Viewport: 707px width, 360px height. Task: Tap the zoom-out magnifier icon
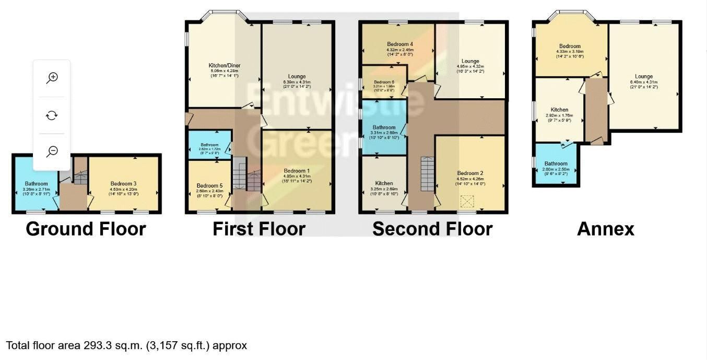tap(52, 152)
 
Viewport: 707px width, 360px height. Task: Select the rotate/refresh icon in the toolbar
tap(52, 115)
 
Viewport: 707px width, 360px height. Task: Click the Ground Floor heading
tap(86, 229)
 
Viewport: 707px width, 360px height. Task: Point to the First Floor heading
tap(258, 229)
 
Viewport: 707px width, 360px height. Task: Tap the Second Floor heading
tap(432, 229)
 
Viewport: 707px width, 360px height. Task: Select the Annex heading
tap(605, 229)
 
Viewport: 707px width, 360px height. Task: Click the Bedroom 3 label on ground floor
tap(123, 183)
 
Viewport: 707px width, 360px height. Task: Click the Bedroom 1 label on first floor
tap(297, 171)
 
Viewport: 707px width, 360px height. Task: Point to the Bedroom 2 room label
tap(470, 173)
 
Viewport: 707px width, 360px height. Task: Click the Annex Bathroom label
tap(556, 164)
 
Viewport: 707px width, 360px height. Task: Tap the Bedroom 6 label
tap(384, 82)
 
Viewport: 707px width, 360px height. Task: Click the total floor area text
tap(126, 345)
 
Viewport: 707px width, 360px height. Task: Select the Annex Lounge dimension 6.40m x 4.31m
tap(644, 82)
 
